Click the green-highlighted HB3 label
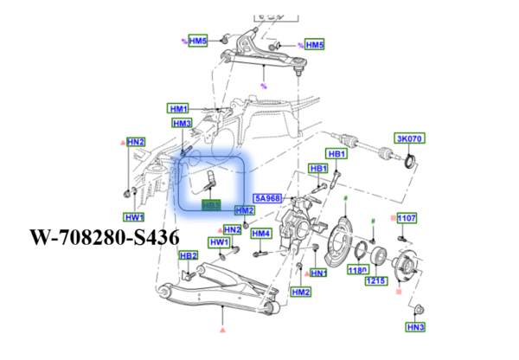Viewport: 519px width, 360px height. click(x=211, y=205)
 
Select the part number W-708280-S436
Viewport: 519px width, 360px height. click(x=105, y=235)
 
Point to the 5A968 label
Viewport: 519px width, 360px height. click(x=266, y=198)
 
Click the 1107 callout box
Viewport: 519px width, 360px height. click(x=407, y=218)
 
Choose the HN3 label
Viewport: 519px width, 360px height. click(x=416, y=327)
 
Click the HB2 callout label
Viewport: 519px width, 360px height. click(x=188, y=256)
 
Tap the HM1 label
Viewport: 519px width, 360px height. click(x=178, y=108)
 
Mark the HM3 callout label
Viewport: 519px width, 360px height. click(x=181, y=124)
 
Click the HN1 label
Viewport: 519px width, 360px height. click(x=318, y=273)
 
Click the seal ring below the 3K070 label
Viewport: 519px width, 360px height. click(x=411, y=159)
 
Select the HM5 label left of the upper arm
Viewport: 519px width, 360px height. click(x=198, y=41)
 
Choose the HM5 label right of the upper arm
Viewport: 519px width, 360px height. click(x=314, y=44)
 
